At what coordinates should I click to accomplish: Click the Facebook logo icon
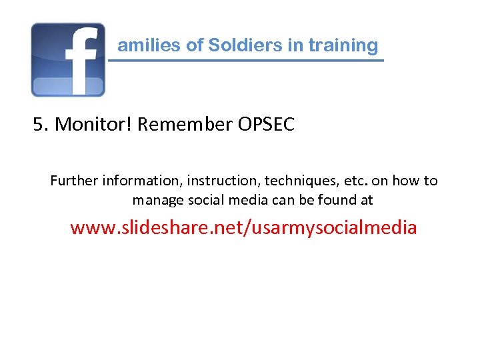[x=68, y=60]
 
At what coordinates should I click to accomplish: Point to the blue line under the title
[x=246, y=61]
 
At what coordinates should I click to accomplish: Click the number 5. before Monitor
[x=41, y=125]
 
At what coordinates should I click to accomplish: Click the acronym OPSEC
[x=265, y=125]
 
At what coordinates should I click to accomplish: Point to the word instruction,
[x=222, y=181]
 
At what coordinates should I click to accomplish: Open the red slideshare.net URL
[x=243, y=228]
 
